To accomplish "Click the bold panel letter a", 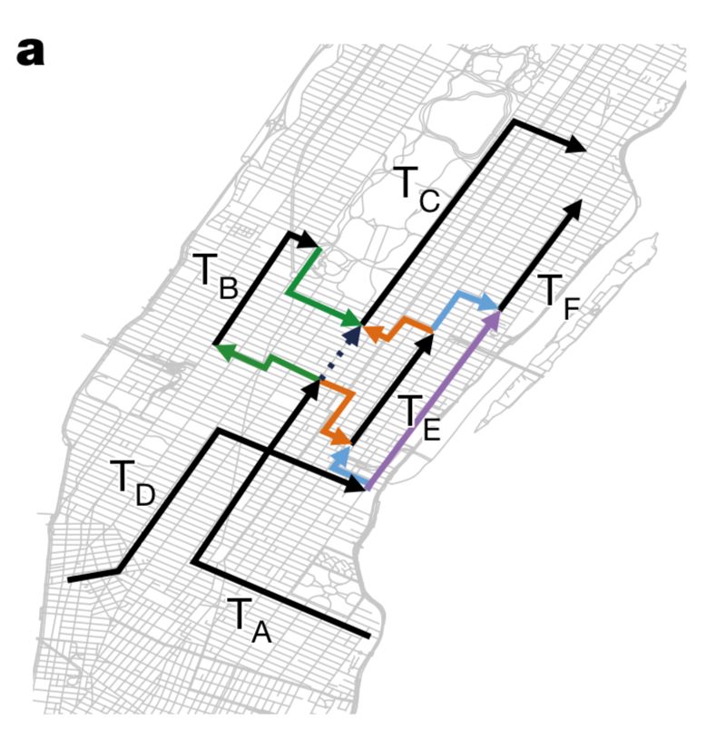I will [x=30, y=52].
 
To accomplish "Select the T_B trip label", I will [x=214, y=277].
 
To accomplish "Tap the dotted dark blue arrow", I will [x=339, y=356].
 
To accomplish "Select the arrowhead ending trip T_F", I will [x=573, y=209].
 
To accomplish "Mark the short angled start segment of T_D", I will [x=93, y=575].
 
